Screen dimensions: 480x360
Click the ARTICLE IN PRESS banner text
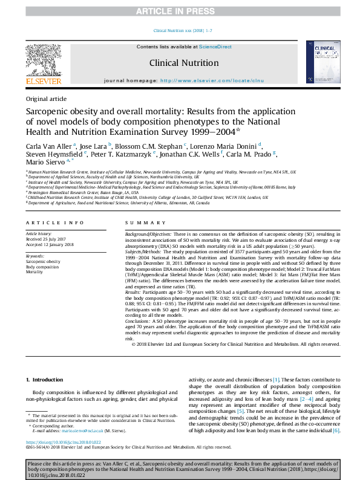[x=180, y=11]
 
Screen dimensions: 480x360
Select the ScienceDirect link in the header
[x=215, y=47]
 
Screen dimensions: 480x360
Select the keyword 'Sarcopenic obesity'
[x=43, y=261]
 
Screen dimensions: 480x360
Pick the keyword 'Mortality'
[x=34, y=272]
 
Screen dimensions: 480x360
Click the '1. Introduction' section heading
[x=45, y=380]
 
